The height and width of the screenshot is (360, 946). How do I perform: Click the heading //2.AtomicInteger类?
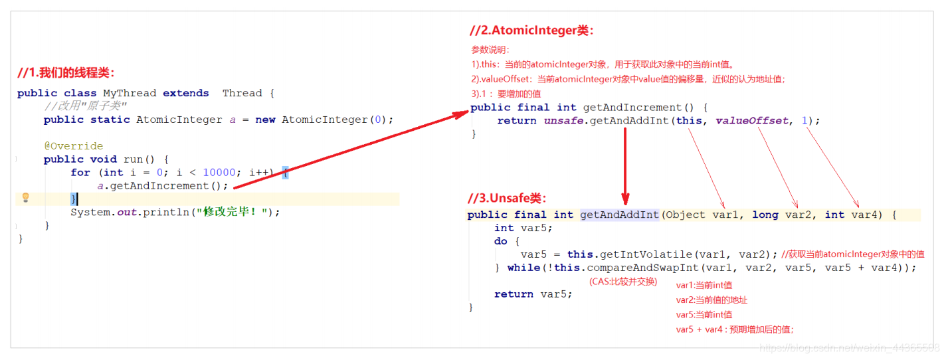tap(531, 31)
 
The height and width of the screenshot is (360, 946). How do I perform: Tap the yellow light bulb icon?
tap(26, 198)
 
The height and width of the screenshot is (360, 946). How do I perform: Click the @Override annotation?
tap(74, 146)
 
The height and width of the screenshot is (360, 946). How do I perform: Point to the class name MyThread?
tap(130, 93)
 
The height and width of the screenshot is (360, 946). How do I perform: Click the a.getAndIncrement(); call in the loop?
tap(163, 186)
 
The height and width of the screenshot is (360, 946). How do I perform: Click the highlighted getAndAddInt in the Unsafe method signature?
tap(619, 215)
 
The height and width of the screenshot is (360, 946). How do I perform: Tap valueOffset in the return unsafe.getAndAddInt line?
tap(751, 121)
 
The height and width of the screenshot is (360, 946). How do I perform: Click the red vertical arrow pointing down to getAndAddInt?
tap(625, 166)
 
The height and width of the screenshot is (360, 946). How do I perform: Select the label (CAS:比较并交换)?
tap(623, 282)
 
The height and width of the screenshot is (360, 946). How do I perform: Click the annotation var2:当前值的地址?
tap(707, 300)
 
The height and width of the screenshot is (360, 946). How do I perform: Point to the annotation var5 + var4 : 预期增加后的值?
tap(735, 329)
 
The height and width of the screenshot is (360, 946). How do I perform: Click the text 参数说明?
tap(490, 50)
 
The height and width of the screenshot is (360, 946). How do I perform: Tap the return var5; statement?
tap(533, 294)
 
